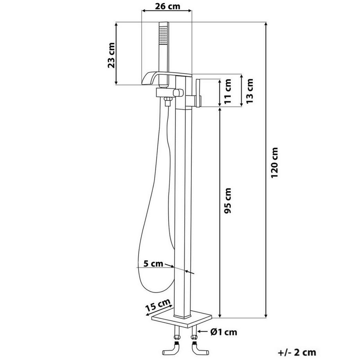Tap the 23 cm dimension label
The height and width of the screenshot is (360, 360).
112,56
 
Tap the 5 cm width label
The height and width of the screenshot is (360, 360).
153,264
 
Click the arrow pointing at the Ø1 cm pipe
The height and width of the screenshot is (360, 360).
202,331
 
